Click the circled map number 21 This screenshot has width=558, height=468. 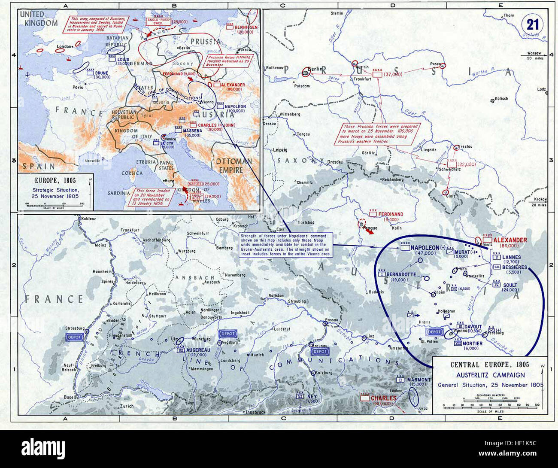(x=533, y=24)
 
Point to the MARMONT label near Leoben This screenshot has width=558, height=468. (x=418, y=380)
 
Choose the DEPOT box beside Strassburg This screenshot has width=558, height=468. (x=74, y=337)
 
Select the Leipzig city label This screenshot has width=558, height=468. (x=279, y=150)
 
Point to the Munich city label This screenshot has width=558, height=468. (x=257, y=355)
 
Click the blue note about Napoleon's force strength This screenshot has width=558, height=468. (x=284, y=245)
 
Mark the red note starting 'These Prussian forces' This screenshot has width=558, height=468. (x=381, y=134)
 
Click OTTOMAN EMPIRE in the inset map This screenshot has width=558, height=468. (x=234, y=165)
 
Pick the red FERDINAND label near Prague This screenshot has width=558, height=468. (x=391, y=214)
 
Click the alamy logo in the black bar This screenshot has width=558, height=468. (x=43, y=448)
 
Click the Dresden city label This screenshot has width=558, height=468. (x=335, y=162)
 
